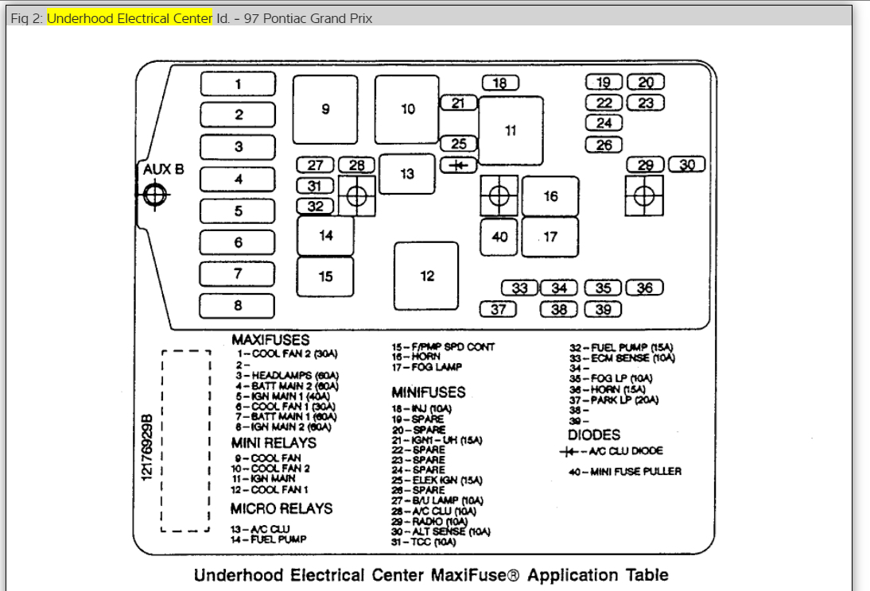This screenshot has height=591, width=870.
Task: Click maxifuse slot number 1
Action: [x=238, y=84]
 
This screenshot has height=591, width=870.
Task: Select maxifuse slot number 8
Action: [x=238, y=306]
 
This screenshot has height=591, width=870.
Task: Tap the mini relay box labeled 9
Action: [x=325, y=110]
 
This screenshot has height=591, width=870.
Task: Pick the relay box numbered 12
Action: [x=427, y=276]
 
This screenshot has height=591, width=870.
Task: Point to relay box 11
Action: [x=511, y=130]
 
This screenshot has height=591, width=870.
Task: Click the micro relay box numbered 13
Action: [x=407, y=174]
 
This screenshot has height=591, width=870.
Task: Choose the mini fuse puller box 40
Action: [x=499, y=237]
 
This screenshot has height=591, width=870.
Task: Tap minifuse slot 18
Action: [x=500, y=83]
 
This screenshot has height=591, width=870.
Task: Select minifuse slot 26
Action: [x=604, y=145]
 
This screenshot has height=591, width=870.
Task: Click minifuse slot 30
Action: [x=687, y=164]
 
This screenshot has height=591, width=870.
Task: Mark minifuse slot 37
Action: [x=499, y=309]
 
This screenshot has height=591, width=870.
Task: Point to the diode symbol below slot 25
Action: [x=458, y=165]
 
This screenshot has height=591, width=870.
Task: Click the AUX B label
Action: [x=163, y=169]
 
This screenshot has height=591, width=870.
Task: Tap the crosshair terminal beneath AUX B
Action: [x=154, y=193]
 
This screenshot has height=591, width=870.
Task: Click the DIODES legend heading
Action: [x=594, y=435]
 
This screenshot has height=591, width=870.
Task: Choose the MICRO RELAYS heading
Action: [x=282, y=508]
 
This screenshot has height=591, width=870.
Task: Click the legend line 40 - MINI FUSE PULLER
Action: [x=624, y=472]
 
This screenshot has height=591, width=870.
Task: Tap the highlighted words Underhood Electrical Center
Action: [x=130, y=18]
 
